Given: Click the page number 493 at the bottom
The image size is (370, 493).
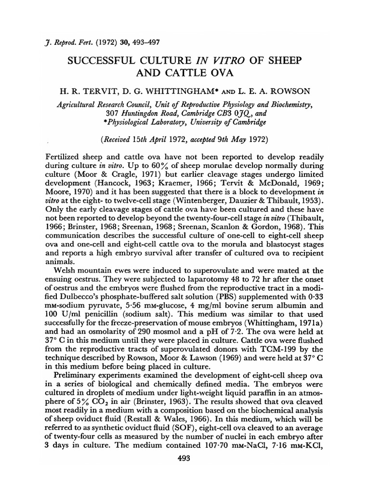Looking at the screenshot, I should tap(185, 459).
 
